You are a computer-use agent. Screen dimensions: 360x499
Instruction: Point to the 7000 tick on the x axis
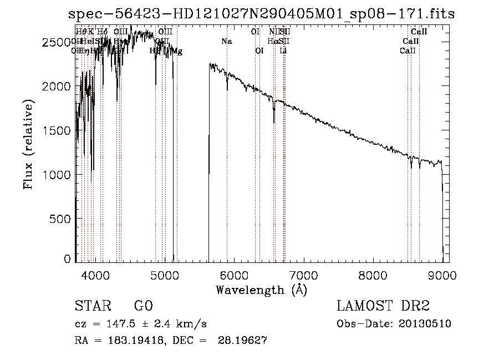click(303, 275)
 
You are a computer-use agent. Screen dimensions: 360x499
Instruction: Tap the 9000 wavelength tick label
click(442, 275)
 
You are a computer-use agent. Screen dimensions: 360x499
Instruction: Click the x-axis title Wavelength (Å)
click(261, 290)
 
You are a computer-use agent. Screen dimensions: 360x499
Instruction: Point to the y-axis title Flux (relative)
click(29, 144)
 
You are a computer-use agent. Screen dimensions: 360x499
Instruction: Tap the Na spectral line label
click(226, 41)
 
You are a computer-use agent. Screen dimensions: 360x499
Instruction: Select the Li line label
click(283, 51)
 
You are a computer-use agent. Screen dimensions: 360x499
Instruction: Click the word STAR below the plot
click(91, 307)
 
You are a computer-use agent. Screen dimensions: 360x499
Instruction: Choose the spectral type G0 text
click(143, 307)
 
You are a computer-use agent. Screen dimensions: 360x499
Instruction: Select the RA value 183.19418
click(129, 341)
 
